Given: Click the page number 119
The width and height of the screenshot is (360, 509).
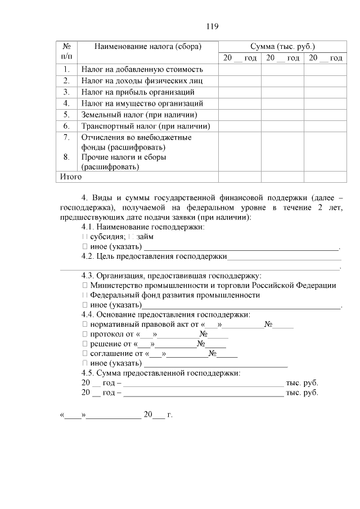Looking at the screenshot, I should point(211,26).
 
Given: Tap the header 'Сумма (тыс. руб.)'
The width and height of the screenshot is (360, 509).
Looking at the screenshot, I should point(282,46).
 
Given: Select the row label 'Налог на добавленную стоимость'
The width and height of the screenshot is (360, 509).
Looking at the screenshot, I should point(141,70).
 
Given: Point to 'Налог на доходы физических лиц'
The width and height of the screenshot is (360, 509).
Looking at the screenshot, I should point(141,81).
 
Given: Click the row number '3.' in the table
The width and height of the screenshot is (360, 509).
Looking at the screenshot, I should point(66,92).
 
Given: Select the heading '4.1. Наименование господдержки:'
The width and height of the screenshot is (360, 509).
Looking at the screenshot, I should point(143,227).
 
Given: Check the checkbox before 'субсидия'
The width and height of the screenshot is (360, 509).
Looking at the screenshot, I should point(84,237).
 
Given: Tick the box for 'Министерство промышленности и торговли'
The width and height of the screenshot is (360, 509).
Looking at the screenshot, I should point(84,285).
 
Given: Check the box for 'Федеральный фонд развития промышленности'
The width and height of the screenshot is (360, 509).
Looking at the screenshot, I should point(84,295).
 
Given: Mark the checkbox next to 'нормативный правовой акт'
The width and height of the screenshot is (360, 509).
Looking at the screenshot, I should point(84,325).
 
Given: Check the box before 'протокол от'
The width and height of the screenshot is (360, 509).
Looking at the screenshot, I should point(84,334).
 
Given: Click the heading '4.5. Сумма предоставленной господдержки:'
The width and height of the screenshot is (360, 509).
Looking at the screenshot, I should point(161,373).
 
